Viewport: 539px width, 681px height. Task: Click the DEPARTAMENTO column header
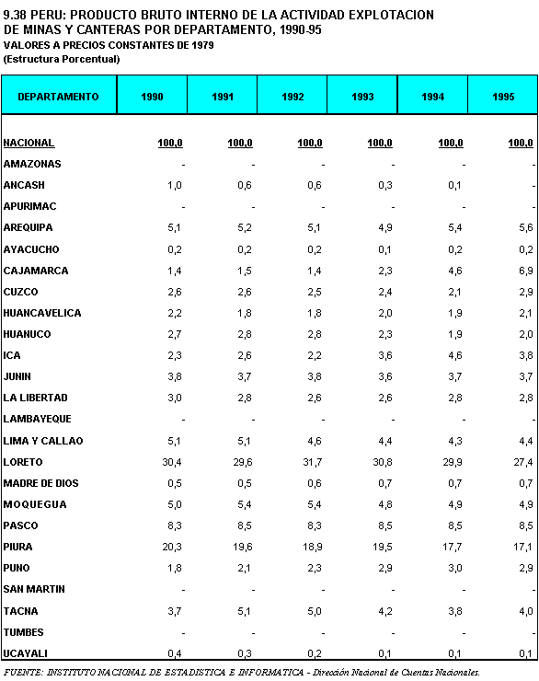click(x=58, y=97)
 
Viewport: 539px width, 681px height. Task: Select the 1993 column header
click(x=362, y=97)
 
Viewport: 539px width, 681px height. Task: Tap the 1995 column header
click(x=503, y=97)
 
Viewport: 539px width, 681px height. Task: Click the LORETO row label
click(x=23, y=462)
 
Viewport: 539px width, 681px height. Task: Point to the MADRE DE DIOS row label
click(x=40, y=483)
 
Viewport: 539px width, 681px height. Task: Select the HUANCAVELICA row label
click(x=42, y=313)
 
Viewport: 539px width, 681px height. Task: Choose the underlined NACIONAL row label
click(x=29, y=143)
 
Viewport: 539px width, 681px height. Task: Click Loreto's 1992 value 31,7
click(x=313, y=462)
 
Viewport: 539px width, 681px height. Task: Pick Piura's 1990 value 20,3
click(x=172, y=547)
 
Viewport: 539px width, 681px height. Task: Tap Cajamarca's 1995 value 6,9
click(x=526, y=271)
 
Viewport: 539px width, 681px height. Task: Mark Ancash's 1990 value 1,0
click(x=175, y=186)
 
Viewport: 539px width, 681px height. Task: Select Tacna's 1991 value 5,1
click(x=245, y=611)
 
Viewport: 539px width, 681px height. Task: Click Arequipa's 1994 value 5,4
click(x=455, y=227)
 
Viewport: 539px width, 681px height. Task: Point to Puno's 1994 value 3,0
click(x=455, y=568)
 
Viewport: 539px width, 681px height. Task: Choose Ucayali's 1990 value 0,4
click(x=175, y=653)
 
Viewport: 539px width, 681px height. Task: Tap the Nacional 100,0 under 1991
click(x=240, y=143)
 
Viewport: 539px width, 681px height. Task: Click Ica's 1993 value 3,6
click(x=385, y=356)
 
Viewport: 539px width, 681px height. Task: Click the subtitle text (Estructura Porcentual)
click(x=62, y=59)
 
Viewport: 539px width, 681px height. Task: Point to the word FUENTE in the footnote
click(x=23, y=673)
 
